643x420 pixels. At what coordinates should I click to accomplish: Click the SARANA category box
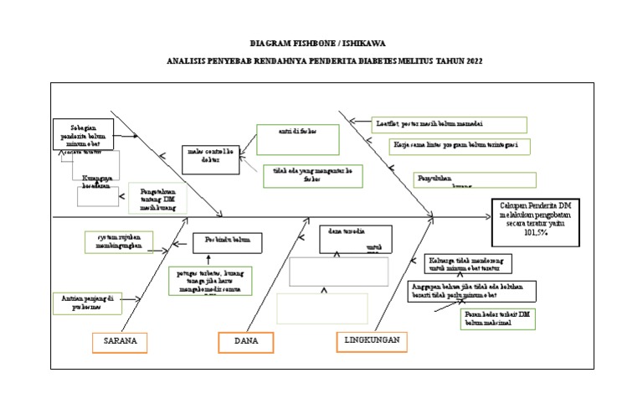point(120,341)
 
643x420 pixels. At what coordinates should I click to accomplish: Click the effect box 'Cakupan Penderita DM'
point(533,221)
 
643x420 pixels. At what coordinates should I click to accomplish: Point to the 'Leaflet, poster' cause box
point(448,124)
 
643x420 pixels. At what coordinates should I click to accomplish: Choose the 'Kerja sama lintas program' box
point(460,146)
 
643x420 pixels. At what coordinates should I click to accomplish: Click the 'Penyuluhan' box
point(475,180)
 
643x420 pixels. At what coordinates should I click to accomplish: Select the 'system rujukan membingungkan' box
point(118,241)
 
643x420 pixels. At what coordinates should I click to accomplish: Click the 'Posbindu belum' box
point(228,243)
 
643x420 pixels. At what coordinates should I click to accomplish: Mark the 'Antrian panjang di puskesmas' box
point(86,302)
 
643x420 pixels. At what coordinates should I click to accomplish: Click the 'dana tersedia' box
point(355,238)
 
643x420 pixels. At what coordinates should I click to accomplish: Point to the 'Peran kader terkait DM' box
point(497,318)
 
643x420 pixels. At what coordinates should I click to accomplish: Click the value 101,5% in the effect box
point(532,234)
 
